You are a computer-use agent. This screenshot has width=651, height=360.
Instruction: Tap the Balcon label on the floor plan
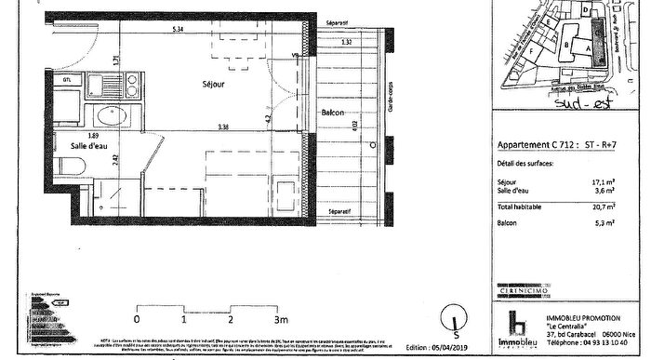click(x=334, y=113)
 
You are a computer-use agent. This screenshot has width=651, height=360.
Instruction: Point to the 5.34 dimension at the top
click(x=177, y=30)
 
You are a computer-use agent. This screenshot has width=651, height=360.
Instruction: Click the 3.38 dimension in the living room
click(x=223, y=127)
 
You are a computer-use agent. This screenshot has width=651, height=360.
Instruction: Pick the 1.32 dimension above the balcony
click(x=347, y=43)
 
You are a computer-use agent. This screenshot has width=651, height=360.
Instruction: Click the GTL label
click(x=66, y=82)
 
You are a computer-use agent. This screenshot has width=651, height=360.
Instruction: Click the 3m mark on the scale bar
click(x=276, y=320)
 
